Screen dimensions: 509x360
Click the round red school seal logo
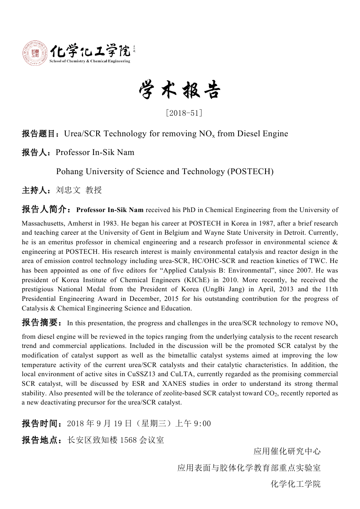[x=34, y=52]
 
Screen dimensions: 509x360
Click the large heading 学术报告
[x=180, y=91]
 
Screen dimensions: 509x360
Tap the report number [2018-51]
[x=184, y=113]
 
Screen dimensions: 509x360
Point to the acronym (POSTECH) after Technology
[x=250, y=172]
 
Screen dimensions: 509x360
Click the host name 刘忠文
[x=68, y=190]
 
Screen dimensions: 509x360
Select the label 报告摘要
[x=40, y=323]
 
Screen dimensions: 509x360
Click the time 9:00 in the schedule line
[x=202, y=424]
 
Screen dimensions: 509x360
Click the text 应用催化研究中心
[x=287, y=451]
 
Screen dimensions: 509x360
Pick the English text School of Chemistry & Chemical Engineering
[x=90, y=61]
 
